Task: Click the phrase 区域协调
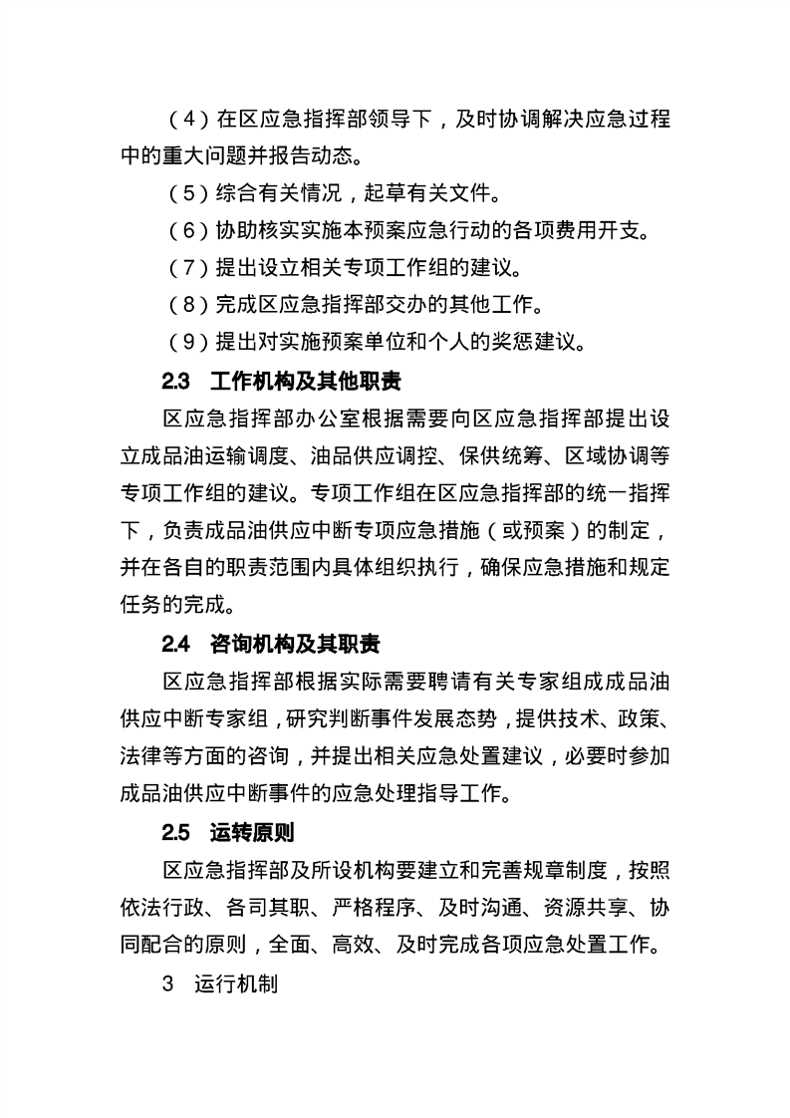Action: coord(615,454)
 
